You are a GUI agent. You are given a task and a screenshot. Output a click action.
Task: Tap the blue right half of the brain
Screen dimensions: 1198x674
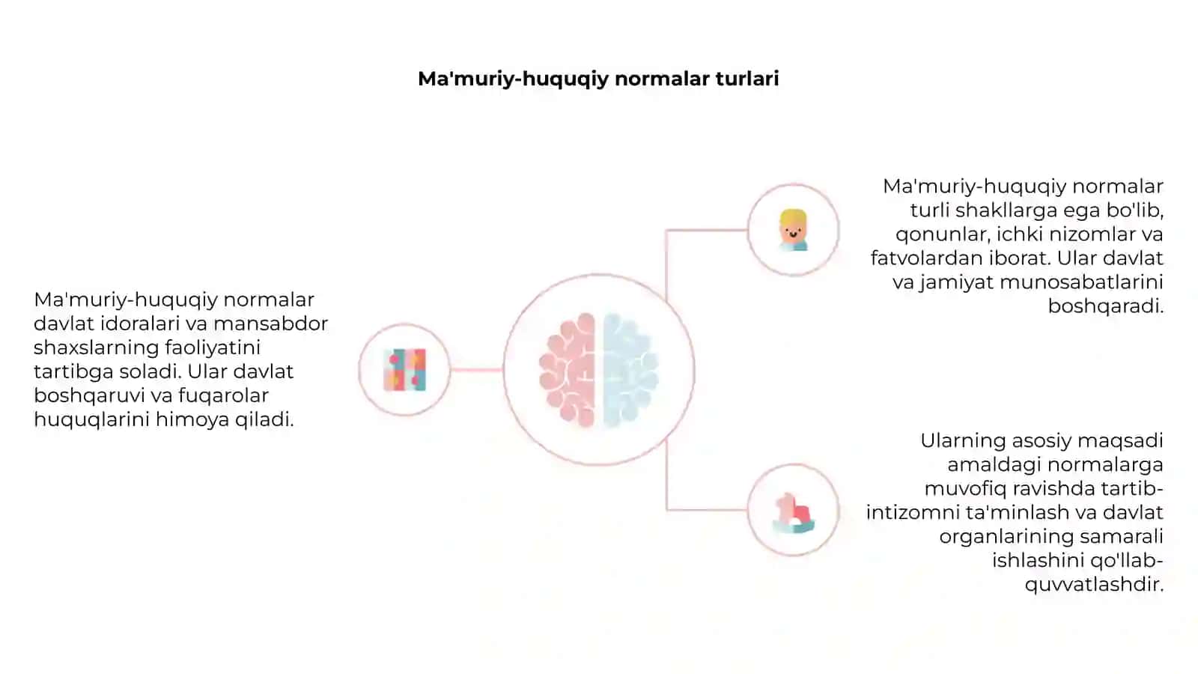pyautogui.click(x=630, y=370)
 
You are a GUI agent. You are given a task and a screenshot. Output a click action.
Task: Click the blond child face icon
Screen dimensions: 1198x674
pyautogui.click(x=793, y=230)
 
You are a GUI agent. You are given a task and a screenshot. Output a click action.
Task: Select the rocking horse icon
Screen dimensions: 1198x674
pyautogui.click(x=793, y=513)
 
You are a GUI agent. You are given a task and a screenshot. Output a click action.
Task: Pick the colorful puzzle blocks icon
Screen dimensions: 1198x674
pyautogui.click(x=405, y=370)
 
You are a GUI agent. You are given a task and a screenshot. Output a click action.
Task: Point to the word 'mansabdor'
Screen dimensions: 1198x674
pyautogui.click(x=270, y=323)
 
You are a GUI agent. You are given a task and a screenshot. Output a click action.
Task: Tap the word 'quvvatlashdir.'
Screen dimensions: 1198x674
pyautogui.click(x=1094, y=585)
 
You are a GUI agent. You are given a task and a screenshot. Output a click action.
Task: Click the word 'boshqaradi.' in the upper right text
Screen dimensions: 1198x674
pyautogui.click(x=1105, y=306)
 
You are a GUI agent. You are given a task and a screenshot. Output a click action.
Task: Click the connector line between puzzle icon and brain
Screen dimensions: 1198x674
pyautogui.click(x=476, y=370)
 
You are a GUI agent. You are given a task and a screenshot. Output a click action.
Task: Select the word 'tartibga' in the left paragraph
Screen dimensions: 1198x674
pyautogui.click(x=73, y=372)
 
